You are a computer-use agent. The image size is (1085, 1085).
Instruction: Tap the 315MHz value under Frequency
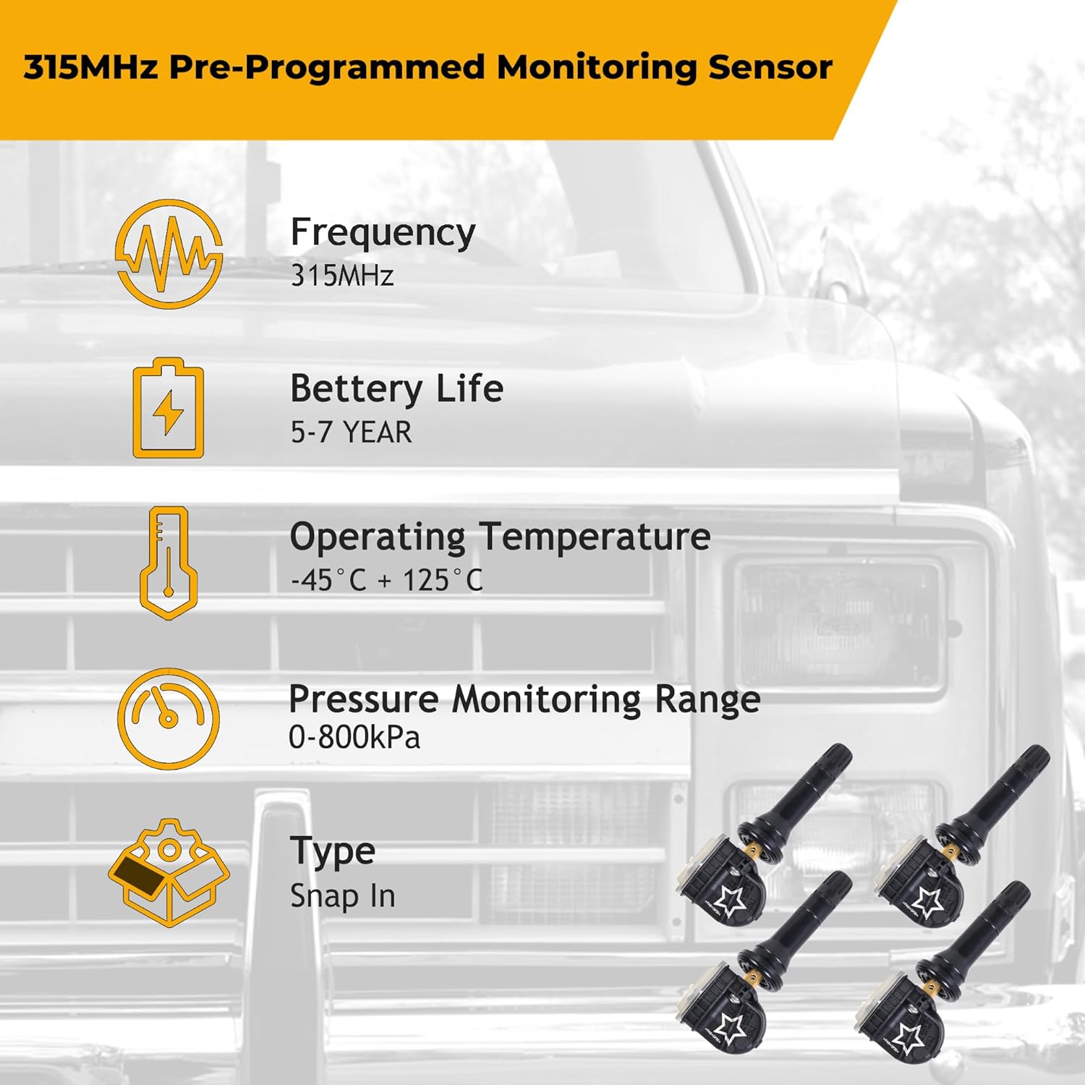pyautogui.click(x=341, y=276)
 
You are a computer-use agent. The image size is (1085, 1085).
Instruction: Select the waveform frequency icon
pyautogui.click(x=169, y=254)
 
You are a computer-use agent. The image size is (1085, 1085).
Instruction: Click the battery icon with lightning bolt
pyautogui.click(x=169, y=409)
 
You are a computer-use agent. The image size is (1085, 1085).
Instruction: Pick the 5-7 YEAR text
pyautogui.click(x=351, y=433)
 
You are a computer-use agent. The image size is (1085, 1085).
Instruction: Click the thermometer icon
pyautogui.click(x=169, y=562)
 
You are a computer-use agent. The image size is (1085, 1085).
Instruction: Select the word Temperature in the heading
pyautogui.click(x=595, y=537)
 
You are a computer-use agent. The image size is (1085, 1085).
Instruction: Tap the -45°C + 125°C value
pyautogui.click(x=386, y=580)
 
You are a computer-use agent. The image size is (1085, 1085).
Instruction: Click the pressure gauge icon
pyautogui.click(x=169, y=718)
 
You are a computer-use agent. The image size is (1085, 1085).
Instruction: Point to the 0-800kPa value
pyautogui.click(x=354, y=738)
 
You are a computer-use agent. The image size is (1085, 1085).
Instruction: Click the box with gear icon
pyautogui.click(x=169, y=872)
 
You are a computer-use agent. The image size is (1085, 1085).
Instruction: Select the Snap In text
pyautogui.click(x=342, y=896)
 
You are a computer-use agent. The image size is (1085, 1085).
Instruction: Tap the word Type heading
pyautogui.click(x=332, y=851)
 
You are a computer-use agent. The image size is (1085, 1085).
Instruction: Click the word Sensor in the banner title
pyautogui.click(x=770, y=67)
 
